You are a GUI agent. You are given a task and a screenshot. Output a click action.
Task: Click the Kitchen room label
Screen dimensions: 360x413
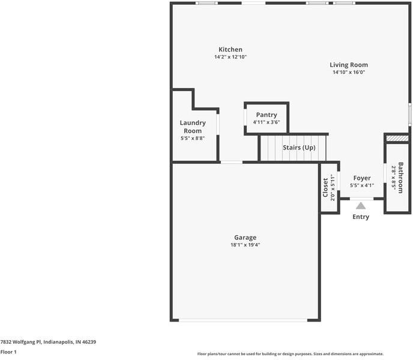tap(231, 49)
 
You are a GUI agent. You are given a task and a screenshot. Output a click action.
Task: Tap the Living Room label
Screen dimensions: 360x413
tap(349, 65)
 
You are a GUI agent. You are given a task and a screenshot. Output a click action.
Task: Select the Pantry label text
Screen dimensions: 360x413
tap(267, 115)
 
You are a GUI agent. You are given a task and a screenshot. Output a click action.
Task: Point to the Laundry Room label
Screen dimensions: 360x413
tap(193, 127)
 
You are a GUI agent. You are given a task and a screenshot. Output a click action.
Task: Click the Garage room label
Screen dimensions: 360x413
tap(245, 237)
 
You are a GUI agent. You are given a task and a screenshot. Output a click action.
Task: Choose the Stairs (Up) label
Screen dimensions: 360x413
tap(299, 148)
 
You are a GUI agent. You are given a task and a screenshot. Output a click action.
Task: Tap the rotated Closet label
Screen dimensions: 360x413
tap(326, 188)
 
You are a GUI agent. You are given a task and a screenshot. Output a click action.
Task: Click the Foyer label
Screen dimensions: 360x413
tap(361, 178)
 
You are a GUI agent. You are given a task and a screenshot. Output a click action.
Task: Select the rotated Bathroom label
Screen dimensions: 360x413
tap(400, 178)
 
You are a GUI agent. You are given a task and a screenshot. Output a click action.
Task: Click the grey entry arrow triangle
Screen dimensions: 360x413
tap(361, 205)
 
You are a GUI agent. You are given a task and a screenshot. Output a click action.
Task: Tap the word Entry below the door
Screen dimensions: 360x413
tap(361, 217)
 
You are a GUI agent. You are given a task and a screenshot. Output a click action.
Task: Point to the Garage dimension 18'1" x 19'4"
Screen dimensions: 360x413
tap(245, 245)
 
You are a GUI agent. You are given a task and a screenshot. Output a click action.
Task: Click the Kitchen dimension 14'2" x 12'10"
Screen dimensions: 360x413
tap(231, 57)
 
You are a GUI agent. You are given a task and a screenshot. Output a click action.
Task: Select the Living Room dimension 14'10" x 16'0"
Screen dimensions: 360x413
tap(349, 72)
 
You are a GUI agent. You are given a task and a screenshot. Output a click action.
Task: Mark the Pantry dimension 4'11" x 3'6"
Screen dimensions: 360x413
tap(267, 122)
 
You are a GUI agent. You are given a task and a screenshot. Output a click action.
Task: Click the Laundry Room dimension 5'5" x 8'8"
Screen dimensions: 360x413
tap(193, 138)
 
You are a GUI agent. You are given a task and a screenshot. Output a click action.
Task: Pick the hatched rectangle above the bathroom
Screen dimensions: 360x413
tap(397, 138)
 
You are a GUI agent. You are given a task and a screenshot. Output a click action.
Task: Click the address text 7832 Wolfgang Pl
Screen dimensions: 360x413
tap(48, 342)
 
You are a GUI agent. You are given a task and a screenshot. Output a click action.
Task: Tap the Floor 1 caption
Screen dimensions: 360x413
tap(8, 352)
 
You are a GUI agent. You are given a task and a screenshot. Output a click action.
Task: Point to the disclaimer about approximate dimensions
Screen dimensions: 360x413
tap(291, 354)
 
